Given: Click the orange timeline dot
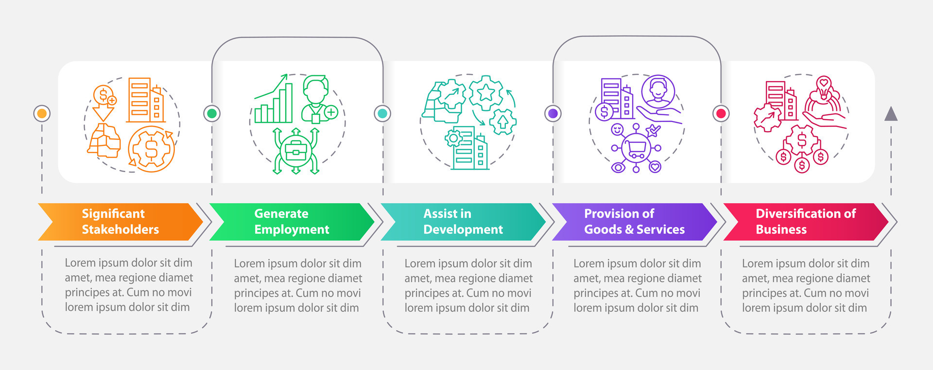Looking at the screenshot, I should point(42,113).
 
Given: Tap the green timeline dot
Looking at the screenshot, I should point(212,113).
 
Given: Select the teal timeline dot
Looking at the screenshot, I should point(382,113).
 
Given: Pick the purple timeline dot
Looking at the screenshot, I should point(553,113).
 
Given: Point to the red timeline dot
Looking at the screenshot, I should point(721,113).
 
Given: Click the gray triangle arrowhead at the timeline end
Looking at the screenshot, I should point(891,114).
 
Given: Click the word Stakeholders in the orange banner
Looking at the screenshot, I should point(120,229).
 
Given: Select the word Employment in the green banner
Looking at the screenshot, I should point(292,229).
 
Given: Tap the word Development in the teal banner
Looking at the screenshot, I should point(463,229).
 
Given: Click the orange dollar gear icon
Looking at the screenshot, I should point(151,149).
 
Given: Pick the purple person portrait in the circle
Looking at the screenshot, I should point(658,91).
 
